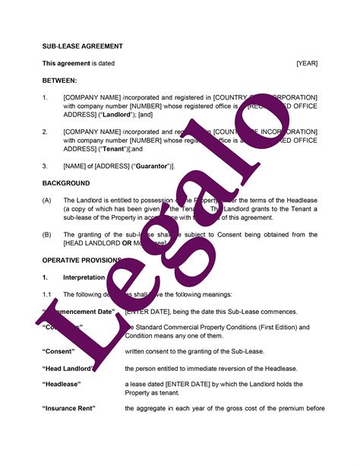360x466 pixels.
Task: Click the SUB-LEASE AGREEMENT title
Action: (82, 46)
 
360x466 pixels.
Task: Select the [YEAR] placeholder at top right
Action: (307, 63)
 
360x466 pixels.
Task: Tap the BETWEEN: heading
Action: (59, 80)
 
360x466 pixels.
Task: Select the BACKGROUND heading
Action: (65, 183)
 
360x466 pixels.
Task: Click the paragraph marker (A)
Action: (47, 200)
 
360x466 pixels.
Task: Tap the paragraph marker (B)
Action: (47, 235)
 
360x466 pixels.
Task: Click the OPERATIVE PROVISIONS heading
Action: (81, 260)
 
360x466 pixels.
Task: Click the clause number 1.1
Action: (46, 294)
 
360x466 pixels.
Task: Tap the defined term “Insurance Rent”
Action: (68, 409)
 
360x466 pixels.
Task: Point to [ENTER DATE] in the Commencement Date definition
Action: (148, 312)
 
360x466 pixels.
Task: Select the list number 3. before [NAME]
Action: (45, 166)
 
